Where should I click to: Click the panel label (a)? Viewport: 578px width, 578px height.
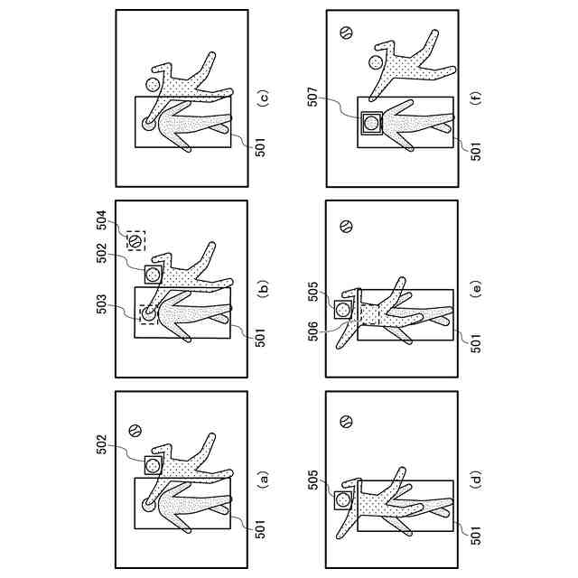(262, 479)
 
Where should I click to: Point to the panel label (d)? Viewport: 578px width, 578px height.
(476, 479)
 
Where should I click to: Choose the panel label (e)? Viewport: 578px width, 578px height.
(476, 288)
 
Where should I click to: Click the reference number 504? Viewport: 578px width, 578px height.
(101, 220)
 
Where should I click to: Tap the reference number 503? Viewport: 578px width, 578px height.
(101, 304)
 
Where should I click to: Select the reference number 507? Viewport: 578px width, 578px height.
(313, 97)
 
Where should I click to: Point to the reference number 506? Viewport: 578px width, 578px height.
(313, 331)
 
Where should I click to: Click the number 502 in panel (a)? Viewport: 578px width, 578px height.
(101, 445)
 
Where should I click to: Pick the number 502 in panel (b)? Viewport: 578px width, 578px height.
(101, 253)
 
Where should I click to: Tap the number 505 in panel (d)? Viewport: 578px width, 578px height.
(313, 480)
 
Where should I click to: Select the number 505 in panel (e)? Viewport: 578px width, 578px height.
(313, 291)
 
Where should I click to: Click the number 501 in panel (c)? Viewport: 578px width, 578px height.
(260, 147)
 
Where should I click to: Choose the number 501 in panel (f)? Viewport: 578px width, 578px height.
(476, 151)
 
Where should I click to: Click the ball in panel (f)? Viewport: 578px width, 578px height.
(346, 33)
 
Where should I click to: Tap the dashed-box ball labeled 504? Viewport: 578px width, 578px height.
(135, 241)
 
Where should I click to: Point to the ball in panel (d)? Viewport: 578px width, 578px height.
(346, 421)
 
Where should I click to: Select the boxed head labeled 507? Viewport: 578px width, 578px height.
(371, 123)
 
